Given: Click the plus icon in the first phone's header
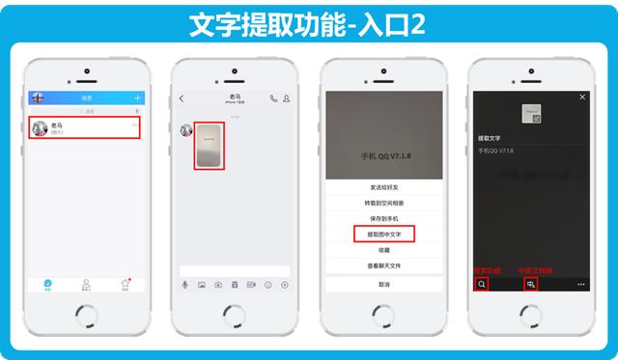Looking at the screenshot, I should [x=138, y=97].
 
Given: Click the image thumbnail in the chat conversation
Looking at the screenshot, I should [x=210, y=146].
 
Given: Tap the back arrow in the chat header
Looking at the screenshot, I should [x=182, y=98].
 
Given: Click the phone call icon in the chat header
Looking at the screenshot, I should [x=274, y=98].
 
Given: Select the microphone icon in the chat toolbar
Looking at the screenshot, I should [x=185, y=285].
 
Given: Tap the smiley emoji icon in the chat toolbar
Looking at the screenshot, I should [x=268, y=285].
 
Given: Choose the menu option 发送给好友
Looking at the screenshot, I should [x=383, y=186].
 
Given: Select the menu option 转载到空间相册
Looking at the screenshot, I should [x=383, y=203].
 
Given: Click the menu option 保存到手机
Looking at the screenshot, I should [x=383, y=218].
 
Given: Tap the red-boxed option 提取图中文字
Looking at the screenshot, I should [x=383, y=234].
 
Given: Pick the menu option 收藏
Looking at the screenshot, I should [x=383, y=249].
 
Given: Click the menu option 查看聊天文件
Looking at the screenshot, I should [x=383, y=264].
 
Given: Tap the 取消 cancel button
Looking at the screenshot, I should [x=383, y=285].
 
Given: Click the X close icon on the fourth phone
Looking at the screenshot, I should [x=582, y=97].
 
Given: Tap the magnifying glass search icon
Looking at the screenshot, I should [x=481, y=285].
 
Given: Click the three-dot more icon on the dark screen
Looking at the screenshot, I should [x=581, y=285].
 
